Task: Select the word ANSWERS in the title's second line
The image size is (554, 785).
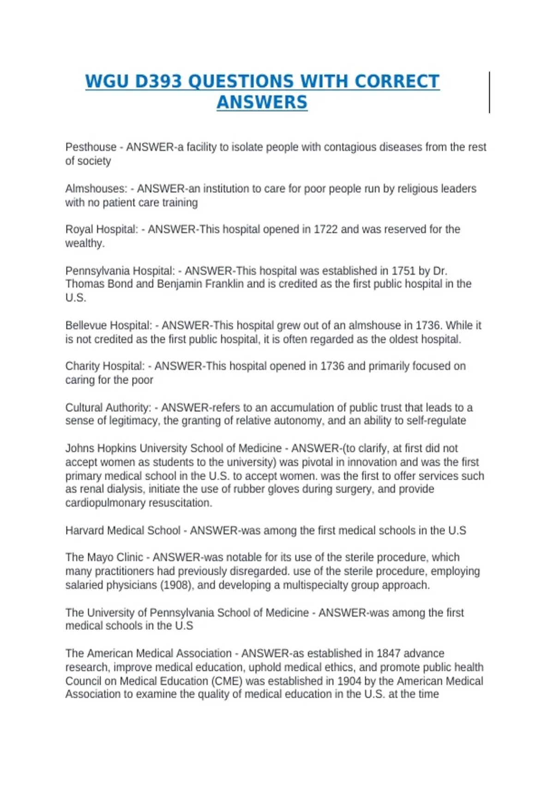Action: tap(262, 103)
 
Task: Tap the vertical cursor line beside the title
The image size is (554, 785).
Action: tap(489, 92)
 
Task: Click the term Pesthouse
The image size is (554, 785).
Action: tap(91, 147)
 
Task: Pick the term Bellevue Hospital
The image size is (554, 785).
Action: tap(108, 326)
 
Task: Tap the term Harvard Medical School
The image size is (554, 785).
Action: tap(123, 531)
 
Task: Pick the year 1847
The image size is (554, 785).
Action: tap(388, 653)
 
